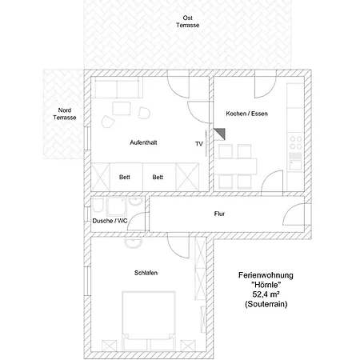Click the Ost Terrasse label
188,22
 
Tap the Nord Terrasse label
65,114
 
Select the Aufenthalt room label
143,142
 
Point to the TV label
199,144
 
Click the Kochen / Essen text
246,114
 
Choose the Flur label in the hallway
219,214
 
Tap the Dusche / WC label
110,221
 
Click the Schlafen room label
146,273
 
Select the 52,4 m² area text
266,294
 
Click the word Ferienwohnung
266,275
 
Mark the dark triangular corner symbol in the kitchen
221,133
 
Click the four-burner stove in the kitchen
296,142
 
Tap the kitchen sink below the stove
295,162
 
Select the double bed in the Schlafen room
149,321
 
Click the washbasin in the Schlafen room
134,242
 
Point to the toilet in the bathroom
98,205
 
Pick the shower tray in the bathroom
116,206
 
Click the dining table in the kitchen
235,166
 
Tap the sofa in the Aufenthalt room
117,87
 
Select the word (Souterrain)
266,304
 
